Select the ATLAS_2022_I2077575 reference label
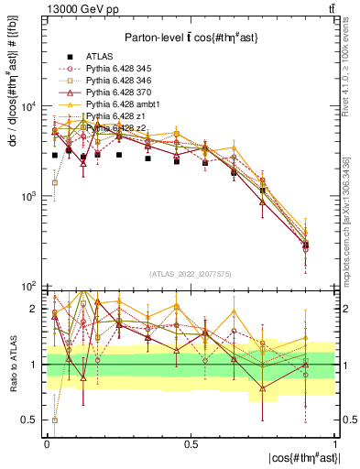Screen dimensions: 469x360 [x=190, y=274]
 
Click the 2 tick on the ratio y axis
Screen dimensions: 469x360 [x=35, y=310]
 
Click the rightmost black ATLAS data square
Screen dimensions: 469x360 [x=306, y=245]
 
